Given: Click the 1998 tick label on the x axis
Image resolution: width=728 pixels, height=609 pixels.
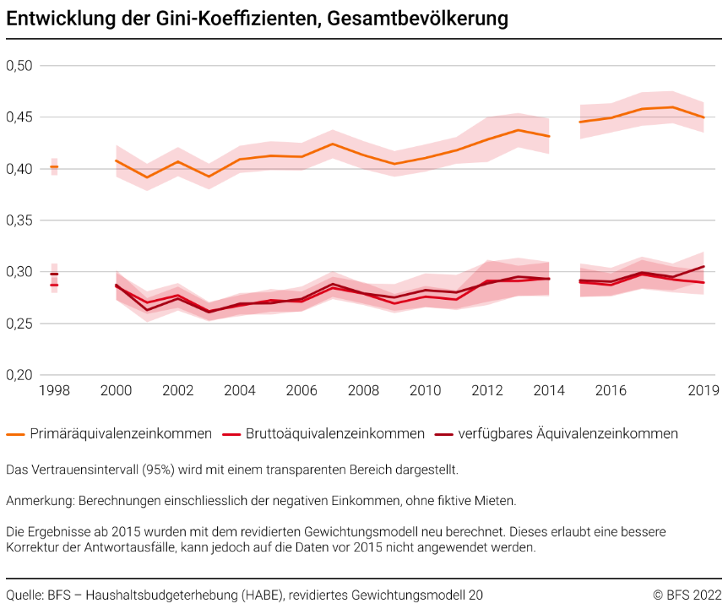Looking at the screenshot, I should [x=54, y=390].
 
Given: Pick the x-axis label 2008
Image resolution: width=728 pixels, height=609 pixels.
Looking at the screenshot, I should [x=363, y=390].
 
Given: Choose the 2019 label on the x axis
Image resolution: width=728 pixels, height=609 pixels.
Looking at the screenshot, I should [x=703, y=390].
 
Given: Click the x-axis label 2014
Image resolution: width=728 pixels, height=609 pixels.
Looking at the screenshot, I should [x=549, y=390].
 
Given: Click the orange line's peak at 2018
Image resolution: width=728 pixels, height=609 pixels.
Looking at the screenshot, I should [x=672, y=107].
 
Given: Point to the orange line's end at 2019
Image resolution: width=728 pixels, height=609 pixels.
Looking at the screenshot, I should [x=703, y=117].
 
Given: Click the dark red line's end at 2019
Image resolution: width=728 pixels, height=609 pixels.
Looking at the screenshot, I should [x=703, y=266].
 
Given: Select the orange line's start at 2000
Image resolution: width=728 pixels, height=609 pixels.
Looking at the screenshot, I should [x=117, y=160].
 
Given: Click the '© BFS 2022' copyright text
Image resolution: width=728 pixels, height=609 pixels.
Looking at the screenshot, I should [x=686, y=595].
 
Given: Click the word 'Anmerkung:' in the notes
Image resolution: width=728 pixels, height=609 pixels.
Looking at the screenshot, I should [x=40, y=501].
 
